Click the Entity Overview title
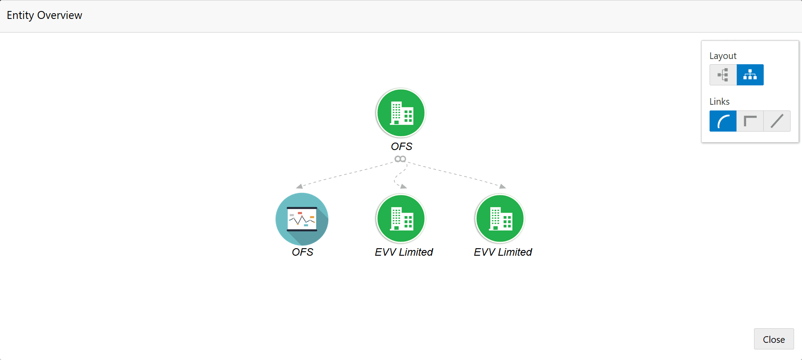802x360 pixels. click(x=44, y=15)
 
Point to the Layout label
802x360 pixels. click(x=723, y=56)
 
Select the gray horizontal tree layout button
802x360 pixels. click(x=723, y=75)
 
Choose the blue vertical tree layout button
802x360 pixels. click(x=750, y=75)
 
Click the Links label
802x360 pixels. click(x=719, y=102)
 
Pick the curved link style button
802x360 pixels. click(x=723, y=121)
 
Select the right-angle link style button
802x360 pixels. click(x=750, y=121)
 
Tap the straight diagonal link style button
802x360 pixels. click(x=777, y=121)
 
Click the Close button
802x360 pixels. click(x=774, y=339)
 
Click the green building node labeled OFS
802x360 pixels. click(x=401, y=113)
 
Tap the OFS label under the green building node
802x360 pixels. click(x=401, y=147)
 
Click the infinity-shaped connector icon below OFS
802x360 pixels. click(x=400, y=159)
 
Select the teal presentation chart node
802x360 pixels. click(x=302, y=219)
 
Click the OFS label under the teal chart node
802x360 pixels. click(x=302, y=252)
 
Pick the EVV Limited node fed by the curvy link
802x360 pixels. click(x=401, y=219)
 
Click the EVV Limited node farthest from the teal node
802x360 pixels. click(x=500, y=219)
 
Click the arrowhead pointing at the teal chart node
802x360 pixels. click(x=299, y=186)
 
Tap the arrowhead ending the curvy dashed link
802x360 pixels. click(x=404, y=187)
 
